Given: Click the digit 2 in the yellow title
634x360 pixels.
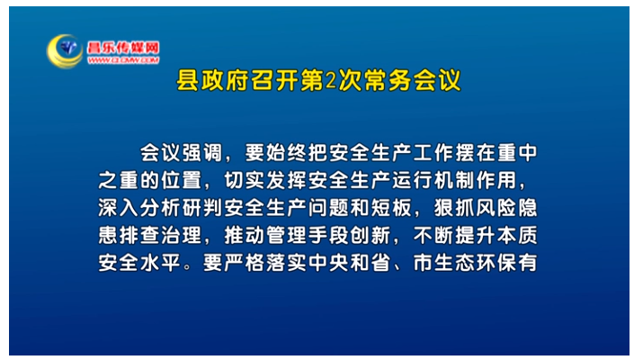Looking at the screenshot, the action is click(x=331, y=80).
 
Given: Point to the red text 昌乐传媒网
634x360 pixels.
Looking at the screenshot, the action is click(x=123, y=48).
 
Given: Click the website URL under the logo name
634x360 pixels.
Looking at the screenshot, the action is click(x=123, y=60).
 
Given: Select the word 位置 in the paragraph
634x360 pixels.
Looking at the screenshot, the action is click(x=182, y=180).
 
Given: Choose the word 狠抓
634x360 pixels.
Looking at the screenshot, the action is click(x=455, y=208).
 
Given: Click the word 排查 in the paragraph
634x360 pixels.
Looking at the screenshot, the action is click(x=139, y=235).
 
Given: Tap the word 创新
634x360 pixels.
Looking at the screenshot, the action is click(x=371, y=235).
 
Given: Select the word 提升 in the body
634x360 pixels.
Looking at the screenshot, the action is click(x=476, y=235).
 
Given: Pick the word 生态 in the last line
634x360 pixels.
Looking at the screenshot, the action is click(x=455, y=263).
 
